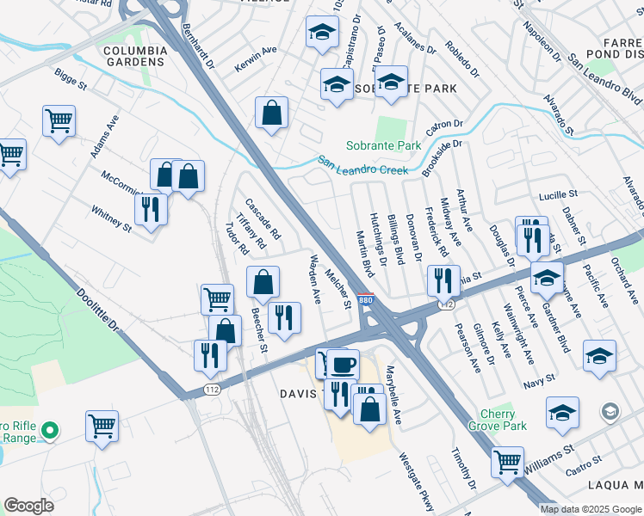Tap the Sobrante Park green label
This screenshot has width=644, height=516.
point(384,145)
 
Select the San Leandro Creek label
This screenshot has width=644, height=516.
point(362,165)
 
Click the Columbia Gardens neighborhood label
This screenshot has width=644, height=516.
point(134,57)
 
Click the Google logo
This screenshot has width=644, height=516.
point(29,506)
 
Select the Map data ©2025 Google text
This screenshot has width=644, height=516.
point(591,509)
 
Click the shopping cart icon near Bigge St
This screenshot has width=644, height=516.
point(59,121)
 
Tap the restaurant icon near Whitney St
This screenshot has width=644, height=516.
point(151,209)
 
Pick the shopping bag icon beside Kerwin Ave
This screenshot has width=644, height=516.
point(271,113)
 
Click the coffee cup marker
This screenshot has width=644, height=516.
point(344,365)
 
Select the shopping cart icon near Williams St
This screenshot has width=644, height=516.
point(507,461)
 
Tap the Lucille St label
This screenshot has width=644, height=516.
point(556,197)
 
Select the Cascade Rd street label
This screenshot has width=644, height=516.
point(263,219)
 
